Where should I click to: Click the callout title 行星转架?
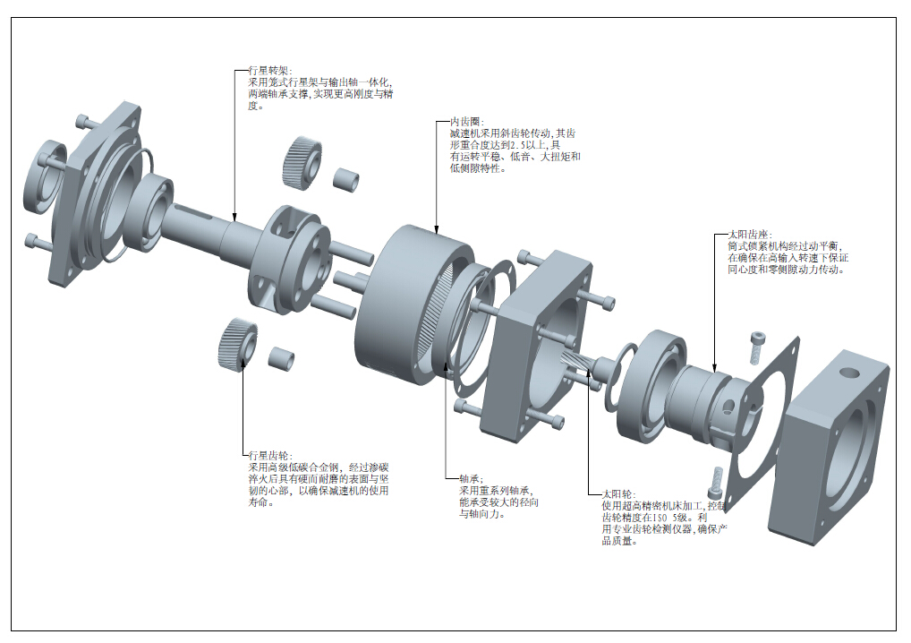[x=266, y=71]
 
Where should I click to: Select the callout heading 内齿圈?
[x=466, y=122]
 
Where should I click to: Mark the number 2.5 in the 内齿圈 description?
[x=517, y=145]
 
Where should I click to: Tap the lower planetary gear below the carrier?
[x=237, y=343]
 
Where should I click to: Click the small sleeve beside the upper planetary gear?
[x=346, y=177]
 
